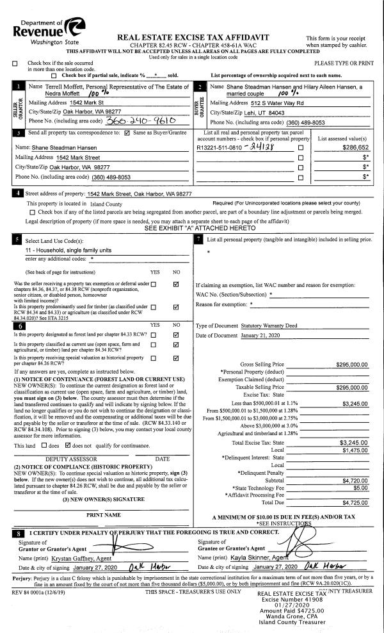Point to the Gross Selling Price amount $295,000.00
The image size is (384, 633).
[x=351, y=365]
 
